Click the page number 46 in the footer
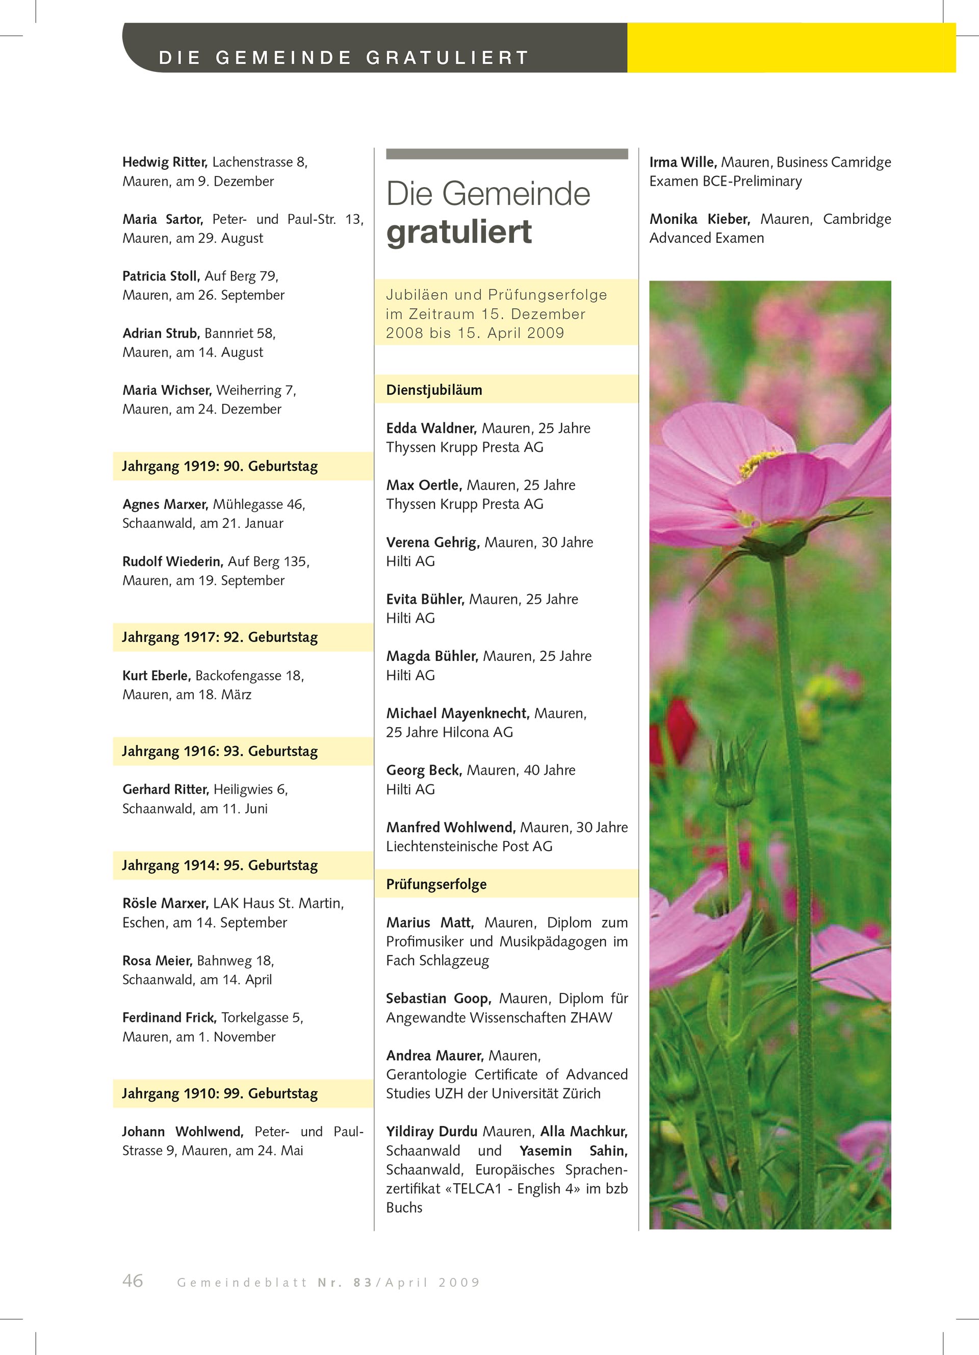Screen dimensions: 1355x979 (133, 1281)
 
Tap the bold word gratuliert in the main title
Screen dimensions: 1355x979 (459, 232)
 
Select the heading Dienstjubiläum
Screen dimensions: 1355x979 (433, 390)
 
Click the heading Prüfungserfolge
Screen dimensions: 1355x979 (436, 884)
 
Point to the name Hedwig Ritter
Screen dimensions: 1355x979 (164, 162)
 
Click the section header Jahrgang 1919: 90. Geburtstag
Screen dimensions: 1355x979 (220, 466)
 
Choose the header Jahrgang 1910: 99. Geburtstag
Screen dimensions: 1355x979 (220, 1093)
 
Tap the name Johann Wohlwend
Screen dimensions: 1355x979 (182, 1132)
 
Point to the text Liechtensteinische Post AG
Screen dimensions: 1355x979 (469, 846)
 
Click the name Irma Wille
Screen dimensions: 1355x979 (683, 162)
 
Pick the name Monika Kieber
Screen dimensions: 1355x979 (700, 219)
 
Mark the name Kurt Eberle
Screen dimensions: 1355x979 (157, 676)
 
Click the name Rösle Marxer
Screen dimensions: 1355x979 (165, 903)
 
